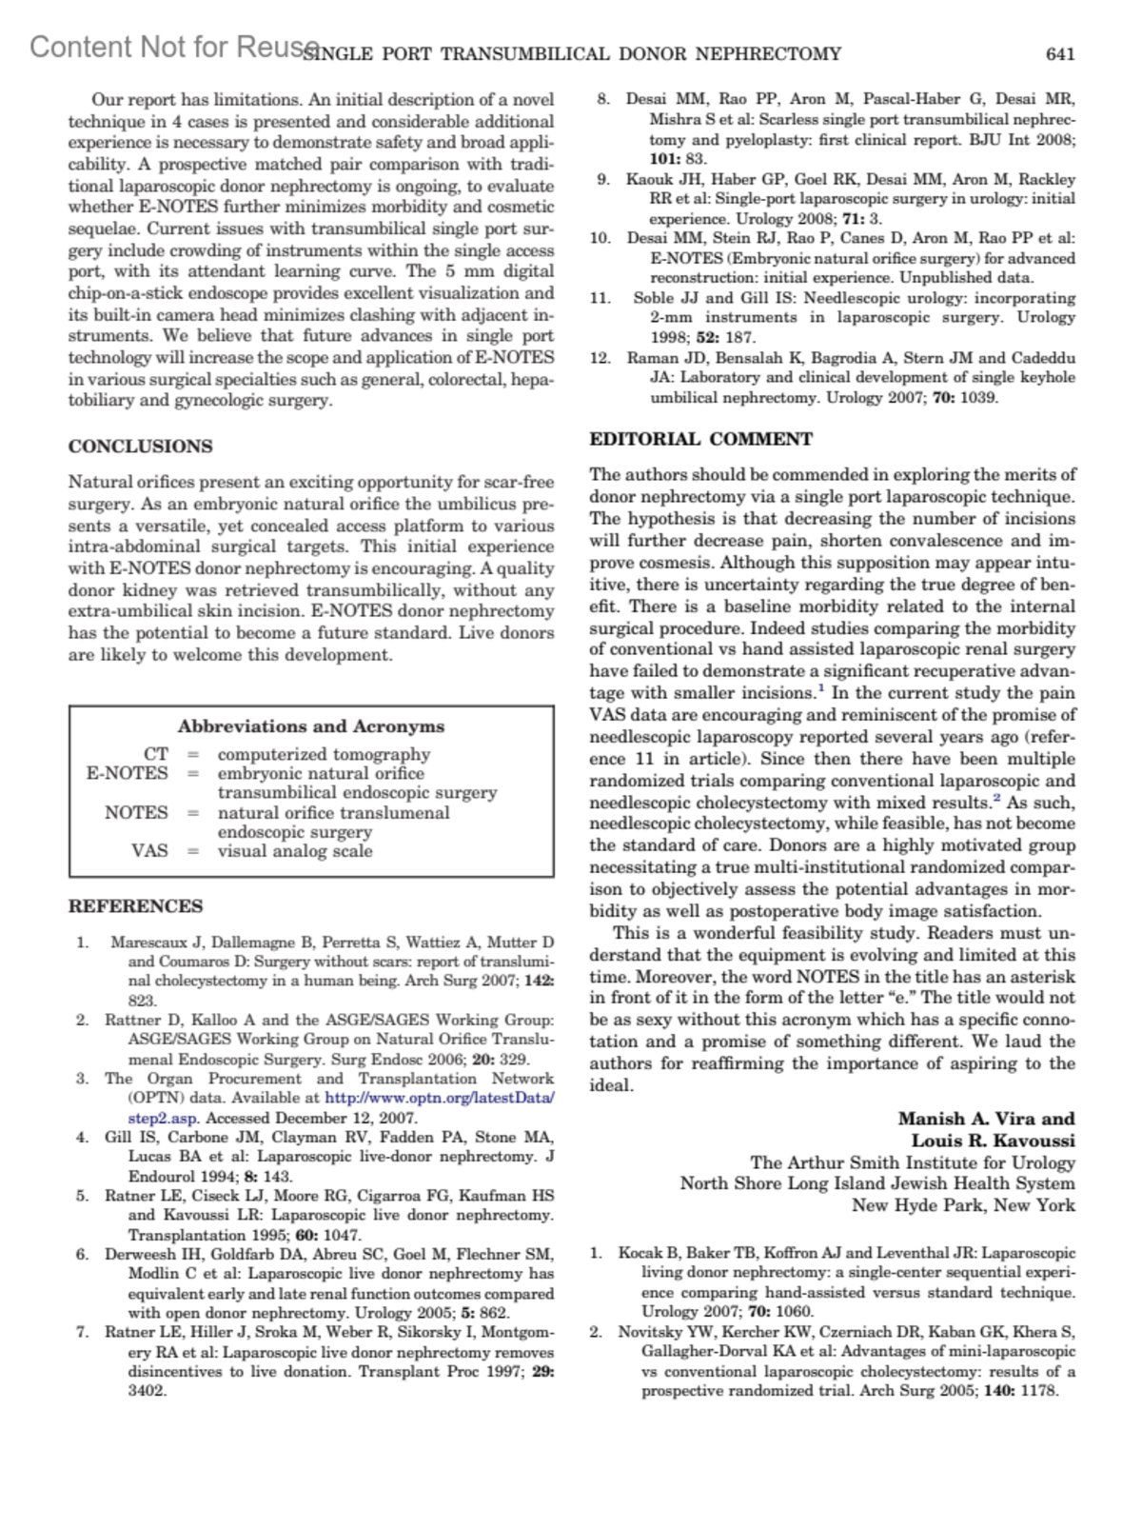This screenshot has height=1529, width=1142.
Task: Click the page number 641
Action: click(x=1060, y=54)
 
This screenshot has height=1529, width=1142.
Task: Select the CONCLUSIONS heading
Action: click(x=140, y=447)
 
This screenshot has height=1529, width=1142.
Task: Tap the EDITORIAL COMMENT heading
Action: click(x=700, y=439)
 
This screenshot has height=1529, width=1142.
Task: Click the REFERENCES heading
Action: click(x=135, y=906)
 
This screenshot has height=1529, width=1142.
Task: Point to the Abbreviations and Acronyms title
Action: click(x=311, y=726)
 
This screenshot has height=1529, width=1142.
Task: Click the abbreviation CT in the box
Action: click(x=155, y=754)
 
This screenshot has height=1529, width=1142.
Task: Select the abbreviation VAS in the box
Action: click(x=149, y=850)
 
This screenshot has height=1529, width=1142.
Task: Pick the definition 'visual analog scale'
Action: click(x=295, y=850)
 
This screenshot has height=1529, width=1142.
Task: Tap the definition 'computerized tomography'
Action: click(x=324, y=754)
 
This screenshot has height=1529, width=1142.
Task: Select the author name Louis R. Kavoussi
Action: click(x=994, y=1141)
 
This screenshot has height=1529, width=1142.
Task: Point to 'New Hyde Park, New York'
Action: click(x=963, y=1205)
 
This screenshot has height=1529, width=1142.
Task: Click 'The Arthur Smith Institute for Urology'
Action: click(x=913, y=1162)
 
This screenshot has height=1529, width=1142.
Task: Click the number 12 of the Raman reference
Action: click(x=600, y=358)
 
